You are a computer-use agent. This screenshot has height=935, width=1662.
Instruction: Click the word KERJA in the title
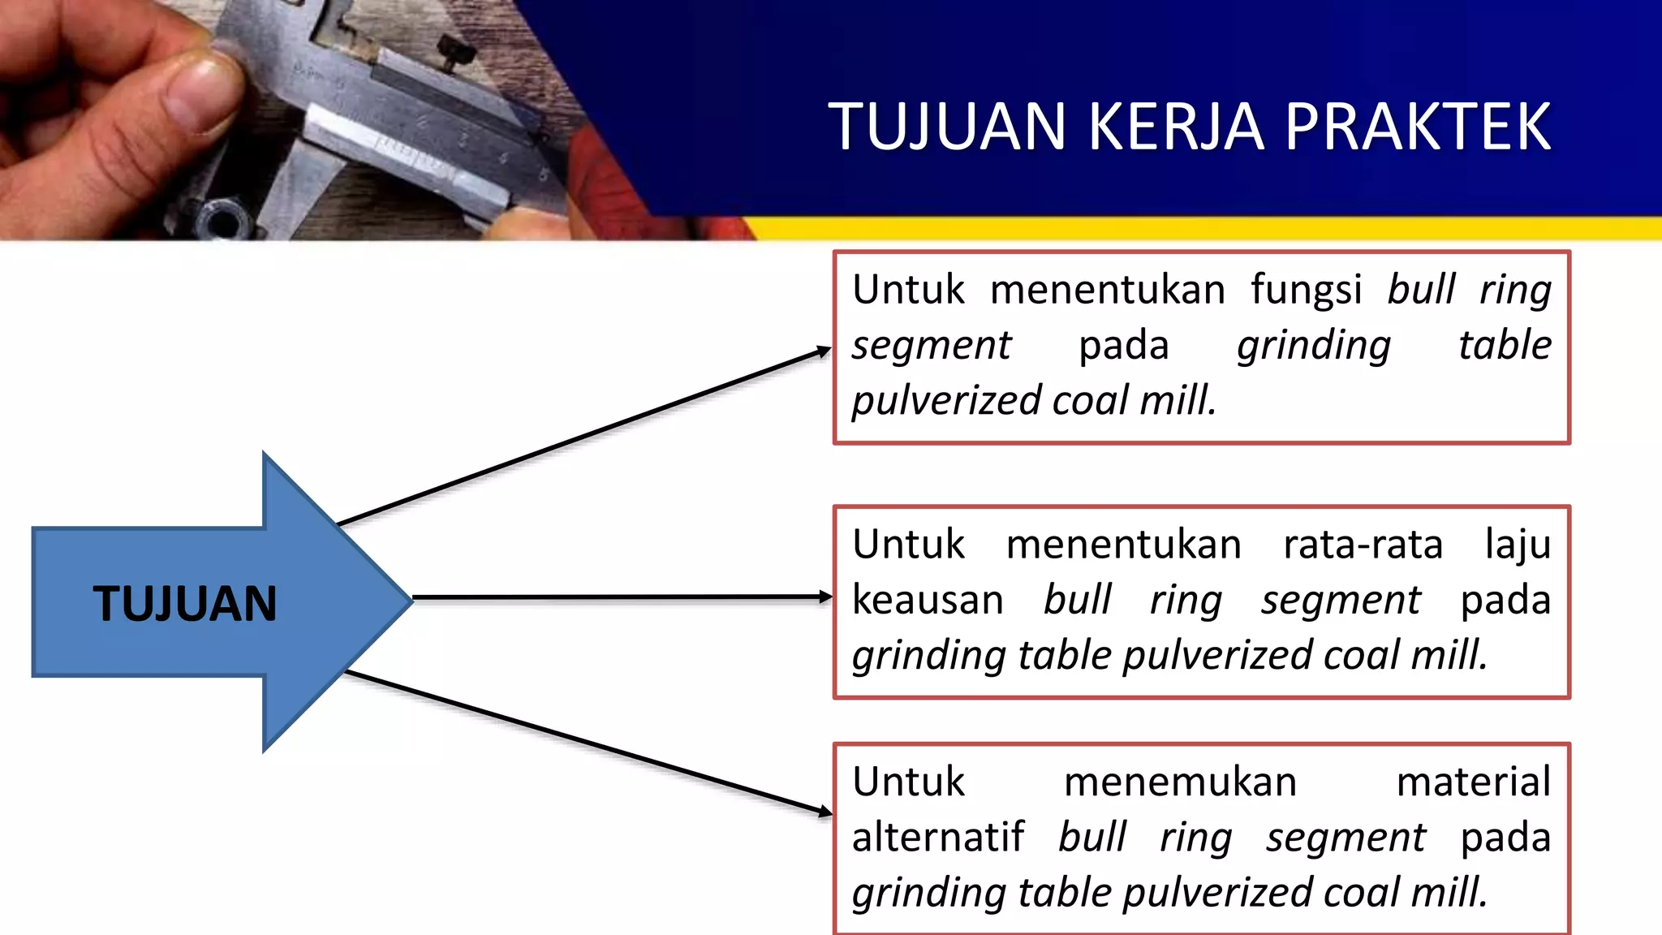tap(1176, 127)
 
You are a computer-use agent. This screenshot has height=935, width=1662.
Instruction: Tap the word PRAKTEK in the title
tap(1418, 127)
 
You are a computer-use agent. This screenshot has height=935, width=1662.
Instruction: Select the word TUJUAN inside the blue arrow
tap(185, 604)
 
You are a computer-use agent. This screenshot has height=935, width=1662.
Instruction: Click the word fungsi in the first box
tap(1306, 291)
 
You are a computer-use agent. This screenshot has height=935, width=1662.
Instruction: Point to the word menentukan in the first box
tap(1108, 291)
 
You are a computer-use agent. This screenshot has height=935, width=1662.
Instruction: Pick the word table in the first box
tap(1505, 345)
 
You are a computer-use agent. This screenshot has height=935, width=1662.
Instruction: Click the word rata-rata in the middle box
tap(1363, 545)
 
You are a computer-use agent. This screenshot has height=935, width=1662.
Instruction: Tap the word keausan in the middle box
tap(928, 601)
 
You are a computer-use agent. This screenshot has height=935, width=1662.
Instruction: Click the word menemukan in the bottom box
tap(1180, 782)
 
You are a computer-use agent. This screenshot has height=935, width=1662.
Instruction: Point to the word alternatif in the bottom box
tap(938, 838)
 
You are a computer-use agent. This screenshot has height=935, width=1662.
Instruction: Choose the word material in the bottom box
tap(1474, 782)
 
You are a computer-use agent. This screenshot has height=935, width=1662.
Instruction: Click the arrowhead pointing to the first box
tap(825, 351)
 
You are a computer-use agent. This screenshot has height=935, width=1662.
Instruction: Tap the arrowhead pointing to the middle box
tap(825, 597)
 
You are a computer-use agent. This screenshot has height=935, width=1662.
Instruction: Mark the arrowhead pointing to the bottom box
tap(825, 811)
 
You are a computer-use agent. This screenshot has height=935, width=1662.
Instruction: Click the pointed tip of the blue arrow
tap(410, 601)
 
